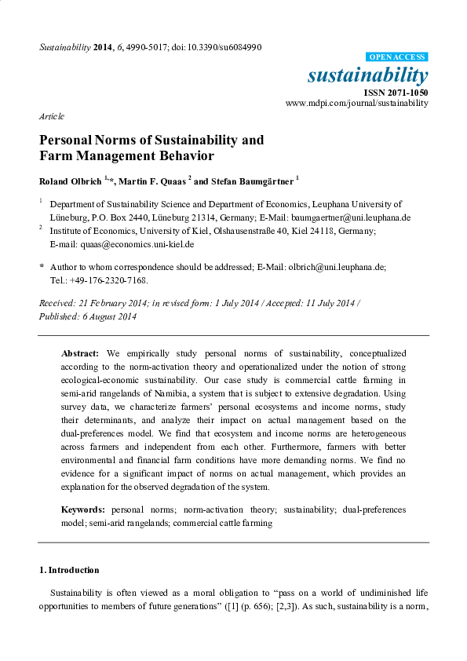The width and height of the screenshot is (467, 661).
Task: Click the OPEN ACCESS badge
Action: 396,57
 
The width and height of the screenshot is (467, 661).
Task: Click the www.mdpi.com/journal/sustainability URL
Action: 356,103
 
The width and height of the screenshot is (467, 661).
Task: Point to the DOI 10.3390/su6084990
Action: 225,48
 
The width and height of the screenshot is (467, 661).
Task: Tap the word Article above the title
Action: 52,115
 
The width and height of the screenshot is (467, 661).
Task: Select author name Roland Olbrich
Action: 71,181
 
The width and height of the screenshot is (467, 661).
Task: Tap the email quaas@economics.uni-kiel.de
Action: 122,244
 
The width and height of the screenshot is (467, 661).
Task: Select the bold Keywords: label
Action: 83,509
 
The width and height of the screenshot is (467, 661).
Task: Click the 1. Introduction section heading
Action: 69,570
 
